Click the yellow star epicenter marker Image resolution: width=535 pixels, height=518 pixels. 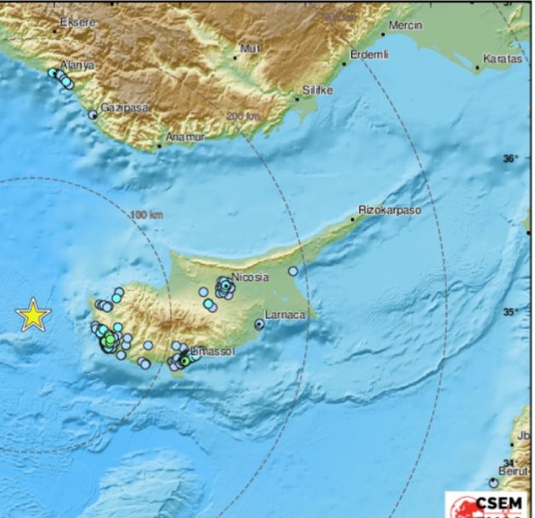(33, 314)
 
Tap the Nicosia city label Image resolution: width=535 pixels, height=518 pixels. (250, 277)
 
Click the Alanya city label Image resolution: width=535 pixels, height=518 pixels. (78, 65)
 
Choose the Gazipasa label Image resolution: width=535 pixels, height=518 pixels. (124, 108)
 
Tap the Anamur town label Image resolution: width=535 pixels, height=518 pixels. (184, 137)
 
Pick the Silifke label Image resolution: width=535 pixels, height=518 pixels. (318, 91)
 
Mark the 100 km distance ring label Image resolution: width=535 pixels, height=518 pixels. (145, 214)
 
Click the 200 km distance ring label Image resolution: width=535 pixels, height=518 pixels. (243, 117)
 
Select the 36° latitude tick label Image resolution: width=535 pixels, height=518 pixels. (511, 158)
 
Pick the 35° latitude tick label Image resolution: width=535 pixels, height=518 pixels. (511, 311)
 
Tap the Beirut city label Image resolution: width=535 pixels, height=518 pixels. (514, 471)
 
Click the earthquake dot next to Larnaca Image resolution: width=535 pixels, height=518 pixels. (260, 324)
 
